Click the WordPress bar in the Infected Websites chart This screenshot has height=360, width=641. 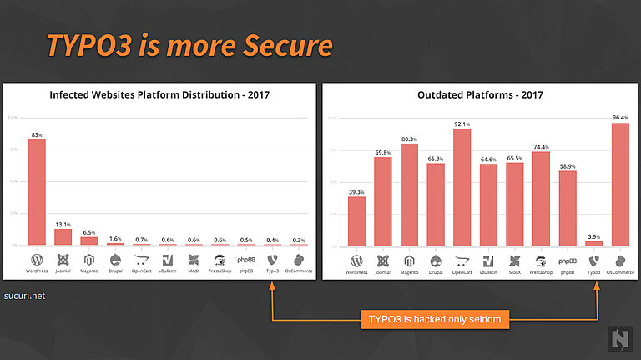tap(37, 192)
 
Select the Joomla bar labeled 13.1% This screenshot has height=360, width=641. tap(63, 236)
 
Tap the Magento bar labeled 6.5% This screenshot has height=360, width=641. tap(89, 241)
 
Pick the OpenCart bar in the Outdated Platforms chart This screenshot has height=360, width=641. tap(462, 188)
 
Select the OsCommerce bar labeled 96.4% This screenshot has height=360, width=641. tap(619, 185)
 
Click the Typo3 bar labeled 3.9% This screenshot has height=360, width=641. tap(593, 244)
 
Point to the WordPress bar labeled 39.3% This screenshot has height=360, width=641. tap(356, 221)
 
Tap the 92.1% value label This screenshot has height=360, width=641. tap(462, 124)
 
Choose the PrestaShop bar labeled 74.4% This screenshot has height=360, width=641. tap(541, 199)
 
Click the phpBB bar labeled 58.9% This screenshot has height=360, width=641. tap(568, 209)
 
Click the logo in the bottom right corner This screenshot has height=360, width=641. tap(619, 337)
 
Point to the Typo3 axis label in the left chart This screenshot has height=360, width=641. tap(272, 270)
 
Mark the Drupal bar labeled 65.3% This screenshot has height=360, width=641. tap(436, 205)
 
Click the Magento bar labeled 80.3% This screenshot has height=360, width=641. tap(409, 195)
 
